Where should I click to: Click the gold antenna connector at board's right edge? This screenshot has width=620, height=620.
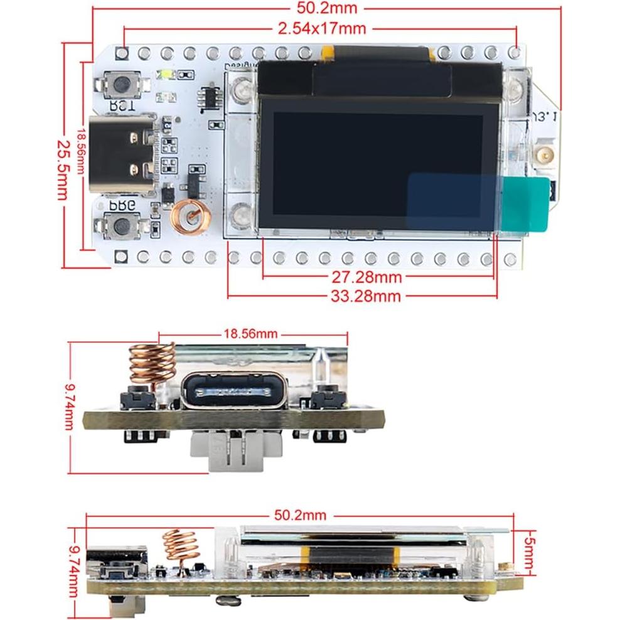[x=543, y=154]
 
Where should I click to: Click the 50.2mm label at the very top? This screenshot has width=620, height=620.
[x=326, y=8]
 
